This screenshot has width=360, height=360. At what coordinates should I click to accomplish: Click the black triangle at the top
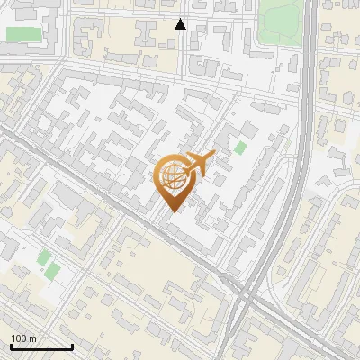click(181, 24)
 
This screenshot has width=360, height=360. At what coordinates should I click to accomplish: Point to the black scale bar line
click(41, 346)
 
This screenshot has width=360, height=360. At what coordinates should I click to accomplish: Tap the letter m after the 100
click(32, 338)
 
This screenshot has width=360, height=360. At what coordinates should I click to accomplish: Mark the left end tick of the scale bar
click(11, 345)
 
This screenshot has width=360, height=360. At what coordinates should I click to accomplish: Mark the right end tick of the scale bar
click(72, 345)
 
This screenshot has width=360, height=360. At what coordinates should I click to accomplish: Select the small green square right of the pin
click(240, 148)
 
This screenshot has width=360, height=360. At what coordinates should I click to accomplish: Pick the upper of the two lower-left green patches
click(44, 256)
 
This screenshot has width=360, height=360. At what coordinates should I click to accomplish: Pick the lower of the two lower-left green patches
click(52, 270)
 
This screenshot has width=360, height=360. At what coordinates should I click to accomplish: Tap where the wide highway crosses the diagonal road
click(241, 290)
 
